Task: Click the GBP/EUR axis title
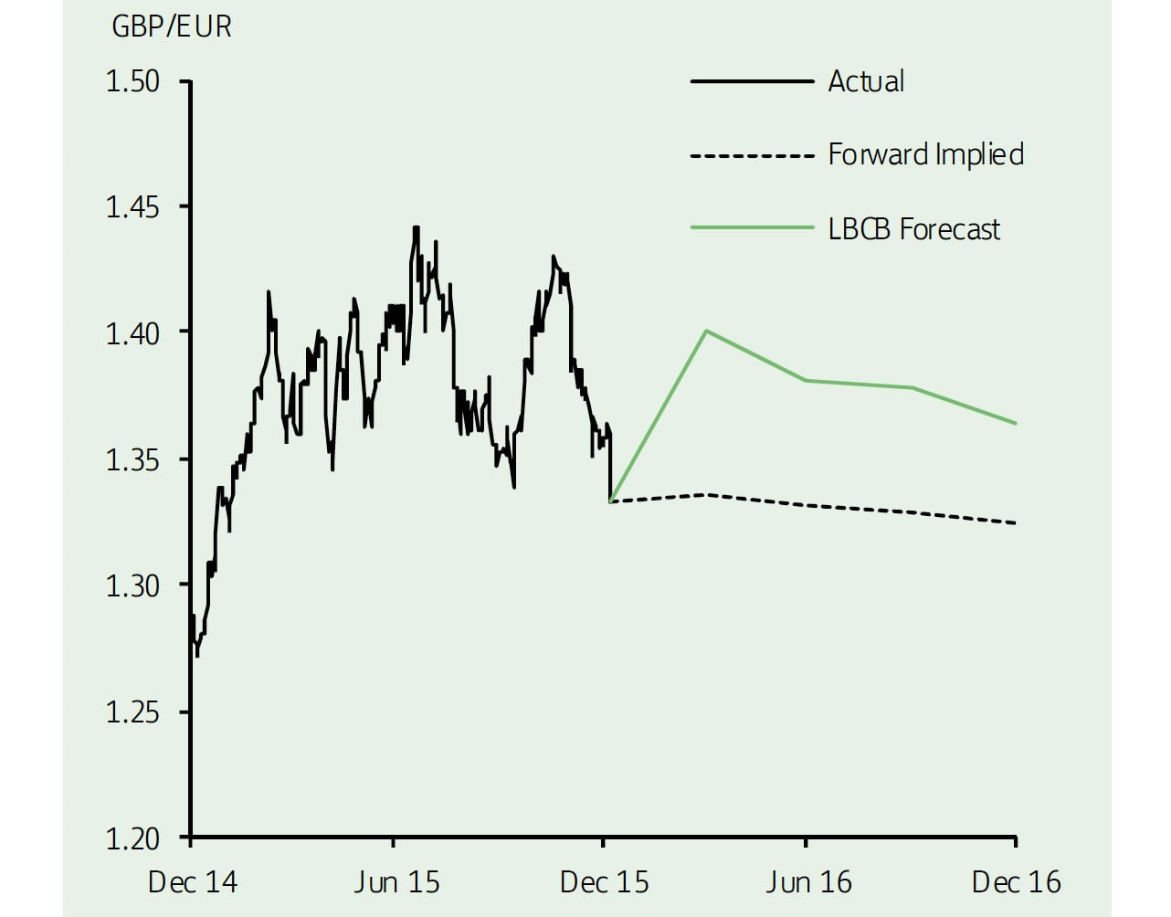tap(172, 26)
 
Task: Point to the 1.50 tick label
tap(132, 81)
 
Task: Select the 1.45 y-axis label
tap(132, 207)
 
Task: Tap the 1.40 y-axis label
tap(132, 333)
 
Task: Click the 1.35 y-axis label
tap(132, 459)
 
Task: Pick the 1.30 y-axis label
tap(132, 585)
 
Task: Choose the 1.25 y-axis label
tap(132, 711)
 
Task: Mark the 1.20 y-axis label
tap(132, 838)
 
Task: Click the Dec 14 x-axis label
tap(192, 882)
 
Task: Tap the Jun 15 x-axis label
tap(396, 882)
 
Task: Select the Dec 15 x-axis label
tap(604, 882)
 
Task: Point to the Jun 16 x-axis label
tap(808, 882)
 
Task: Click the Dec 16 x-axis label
tap(1016, 882)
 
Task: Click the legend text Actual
tap(866, 81)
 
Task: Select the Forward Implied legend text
tap(925, 154)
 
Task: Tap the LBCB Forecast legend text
tap(913, 228)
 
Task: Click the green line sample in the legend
tap(752, 227)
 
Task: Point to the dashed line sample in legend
tap(752, 156)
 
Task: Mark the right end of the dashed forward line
tap(1016, 523)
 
